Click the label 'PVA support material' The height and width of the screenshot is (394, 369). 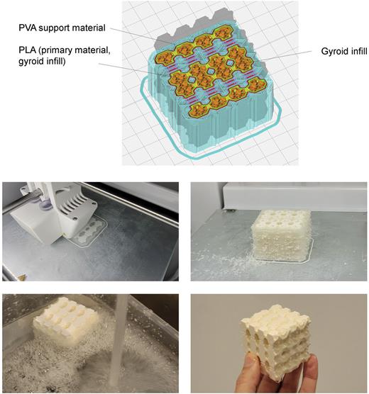pyautogui.click(x=63, y=28)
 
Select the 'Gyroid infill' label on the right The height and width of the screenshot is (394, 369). pyautogui.click(x=336, y=52)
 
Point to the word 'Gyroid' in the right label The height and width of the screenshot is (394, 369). pyautogui.click(x=327, y=52)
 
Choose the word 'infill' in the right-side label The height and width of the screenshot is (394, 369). pyautogui.click(x=352, y=52)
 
